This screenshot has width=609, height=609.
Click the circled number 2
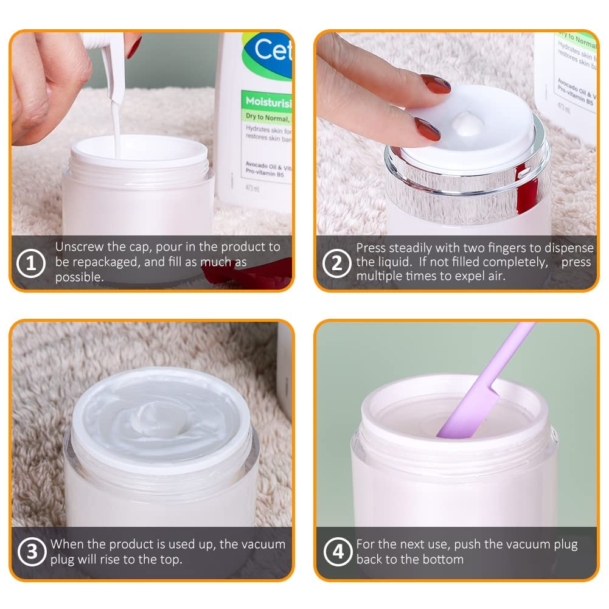click(x=336, y=263)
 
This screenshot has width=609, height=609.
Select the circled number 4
click(x=336, y=552)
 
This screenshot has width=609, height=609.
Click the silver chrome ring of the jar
click(x=468, y=186)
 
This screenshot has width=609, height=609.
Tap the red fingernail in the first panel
click(x=134, y=46)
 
